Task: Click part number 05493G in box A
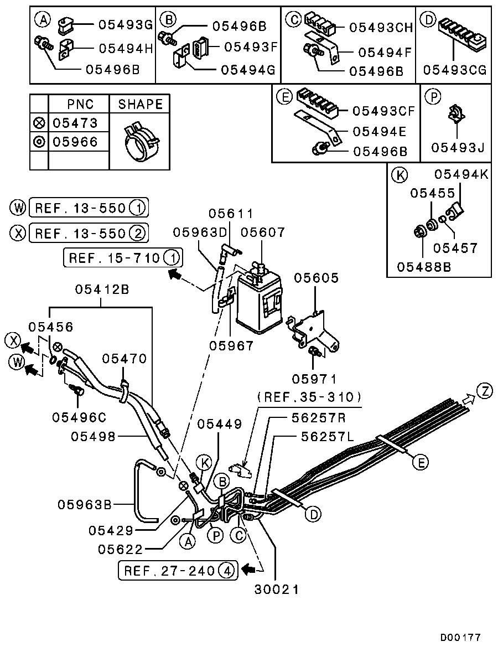125,25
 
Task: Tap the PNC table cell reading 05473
75,123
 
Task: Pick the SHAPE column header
141,105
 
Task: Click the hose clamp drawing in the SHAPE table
140,142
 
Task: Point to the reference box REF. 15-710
123,258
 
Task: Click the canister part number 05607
263,233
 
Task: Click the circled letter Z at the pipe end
485,391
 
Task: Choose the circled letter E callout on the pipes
420,462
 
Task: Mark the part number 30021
277,589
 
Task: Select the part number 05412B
101,289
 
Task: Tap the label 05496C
79,416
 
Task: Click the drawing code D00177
460,638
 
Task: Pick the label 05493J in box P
458,148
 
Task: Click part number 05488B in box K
424,266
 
